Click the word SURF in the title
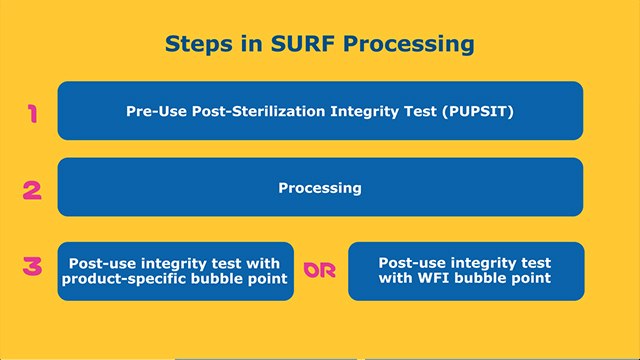coord(299,44)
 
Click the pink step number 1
coord(32,113)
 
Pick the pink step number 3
coord(32,267)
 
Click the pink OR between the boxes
coord(320,271)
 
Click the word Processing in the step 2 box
coord(320,187)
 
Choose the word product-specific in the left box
coord(121,279)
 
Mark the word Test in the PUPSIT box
coord(419,111)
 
